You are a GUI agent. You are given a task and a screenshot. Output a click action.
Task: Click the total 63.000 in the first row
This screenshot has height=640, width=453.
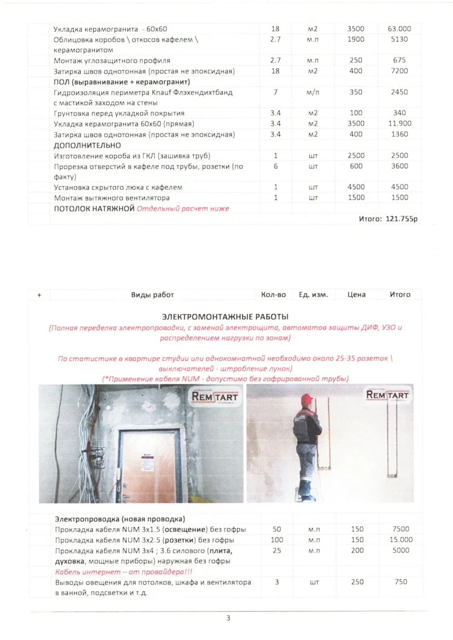(399, 29)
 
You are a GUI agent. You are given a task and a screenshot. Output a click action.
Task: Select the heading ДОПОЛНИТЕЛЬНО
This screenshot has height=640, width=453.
(87, 145)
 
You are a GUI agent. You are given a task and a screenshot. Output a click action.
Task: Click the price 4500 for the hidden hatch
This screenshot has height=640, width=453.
(356, 187)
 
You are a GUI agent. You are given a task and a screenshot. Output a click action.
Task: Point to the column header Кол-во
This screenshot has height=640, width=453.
(273, 295)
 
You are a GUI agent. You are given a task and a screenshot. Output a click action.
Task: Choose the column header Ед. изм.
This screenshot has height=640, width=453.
(313, 295)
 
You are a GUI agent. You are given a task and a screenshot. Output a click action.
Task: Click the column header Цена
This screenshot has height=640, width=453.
(356, 295)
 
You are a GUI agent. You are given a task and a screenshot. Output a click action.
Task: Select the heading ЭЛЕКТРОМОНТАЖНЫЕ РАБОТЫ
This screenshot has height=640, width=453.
(225, 317)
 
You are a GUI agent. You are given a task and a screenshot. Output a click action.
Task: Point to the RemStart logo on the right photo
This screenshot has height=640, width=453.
(387, 395)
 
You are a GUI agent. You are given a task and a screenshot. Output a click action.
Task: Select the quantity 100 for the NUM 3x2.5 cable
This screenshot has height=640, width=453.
(277, 540)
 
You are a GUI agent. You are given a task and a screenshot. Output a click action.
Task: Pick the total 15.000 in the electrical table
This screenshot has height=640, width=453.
(401, 540)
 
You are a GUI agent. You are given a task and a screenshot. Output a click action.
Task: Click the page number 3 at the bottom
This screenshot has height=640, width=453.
(228, 618)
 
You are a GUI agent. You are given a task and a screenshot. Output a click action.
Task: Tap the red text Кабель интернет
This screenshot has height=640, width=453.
(88, 572)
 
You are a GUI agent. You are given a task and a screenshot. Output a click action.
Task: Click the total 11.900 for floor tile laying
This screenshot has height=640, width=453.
(399, 124)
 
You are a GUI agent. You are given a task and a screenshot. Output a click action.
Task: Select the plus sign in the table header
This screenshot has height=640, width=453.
(39, 295)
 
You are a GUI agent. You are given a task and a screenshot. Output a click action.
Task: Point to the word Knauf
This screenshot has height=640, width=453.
(162, 92)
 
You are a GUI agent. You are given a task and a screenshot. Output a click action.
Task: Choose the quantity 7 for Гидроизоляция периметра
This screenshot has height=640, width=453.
(275, 92)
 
